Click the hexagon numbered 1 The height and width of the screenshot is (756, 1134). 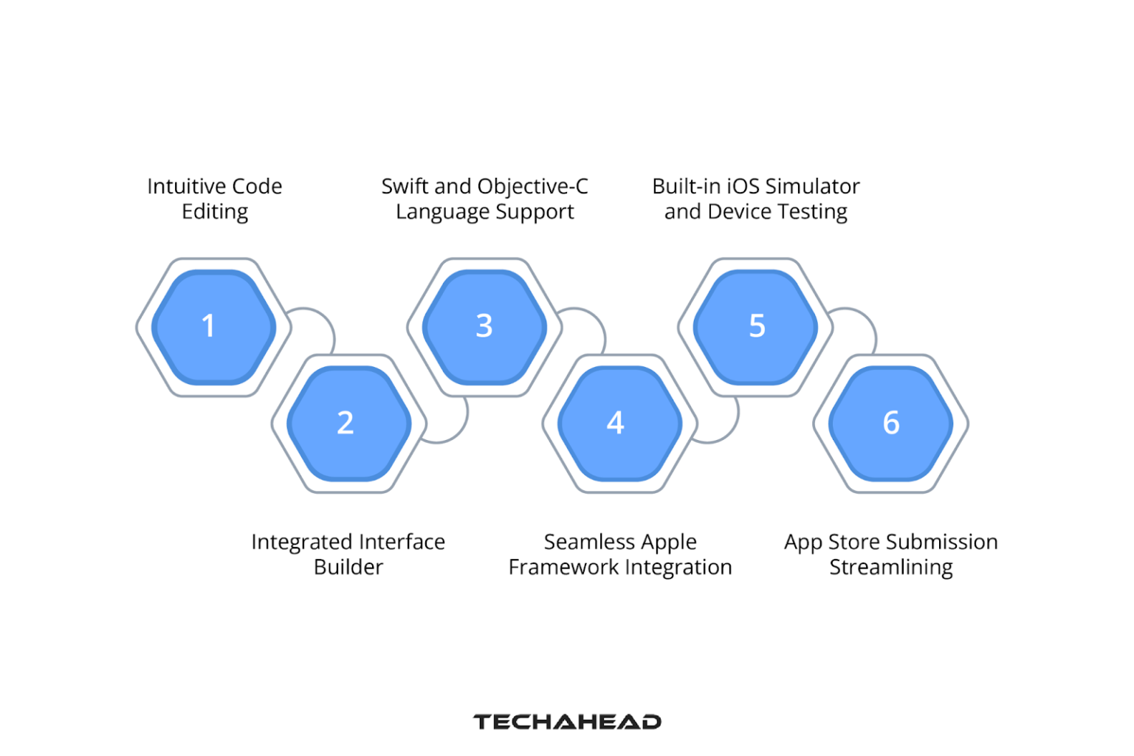click(213, 326)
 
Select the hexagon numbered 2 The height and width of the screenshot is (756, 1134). click(348, 423)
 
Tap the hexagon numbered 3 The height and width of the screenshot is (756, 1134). click(484, 326)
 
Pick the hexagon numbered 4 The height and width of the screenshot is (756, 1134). click(619, 423)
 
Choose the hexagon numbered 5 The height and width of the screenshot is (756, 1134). click(755, 326)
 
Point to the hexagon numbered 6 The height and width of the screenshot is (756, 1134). click(890, 423)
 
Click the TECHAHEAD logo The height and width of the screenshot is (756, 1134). click(567, 721)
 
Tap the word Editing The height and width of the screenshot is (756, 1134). click(215, 212)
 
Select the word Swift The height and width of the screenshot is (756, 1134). click(405, 186)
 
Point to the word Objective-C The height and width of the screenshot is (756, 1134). click(543, 187)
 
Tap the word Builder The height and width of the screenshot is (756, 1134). click(348, 567)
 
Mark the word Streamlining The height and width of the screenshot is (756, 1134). click(890, 568)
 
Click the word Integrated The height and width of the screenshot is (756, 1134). click(300, 543)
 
